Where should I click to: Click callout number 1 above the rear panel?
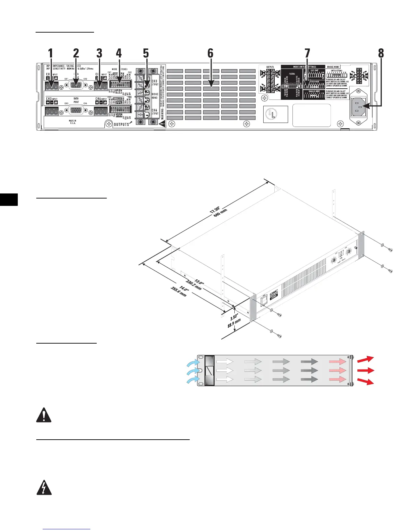50,53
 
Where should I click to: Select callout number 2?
76,53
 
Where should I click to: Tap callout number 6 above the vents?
210,53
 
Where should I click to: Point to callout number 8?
380,53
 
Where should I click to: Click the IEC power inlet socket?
359,107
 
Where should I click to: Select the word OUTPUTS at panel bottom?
121,124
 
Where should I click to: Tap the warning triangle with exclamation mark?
44,415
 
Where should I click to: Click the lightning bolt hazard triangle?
44,488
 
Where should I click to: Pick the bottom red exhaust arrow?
366,382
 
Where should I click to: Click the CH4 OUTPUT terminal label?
155,112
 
